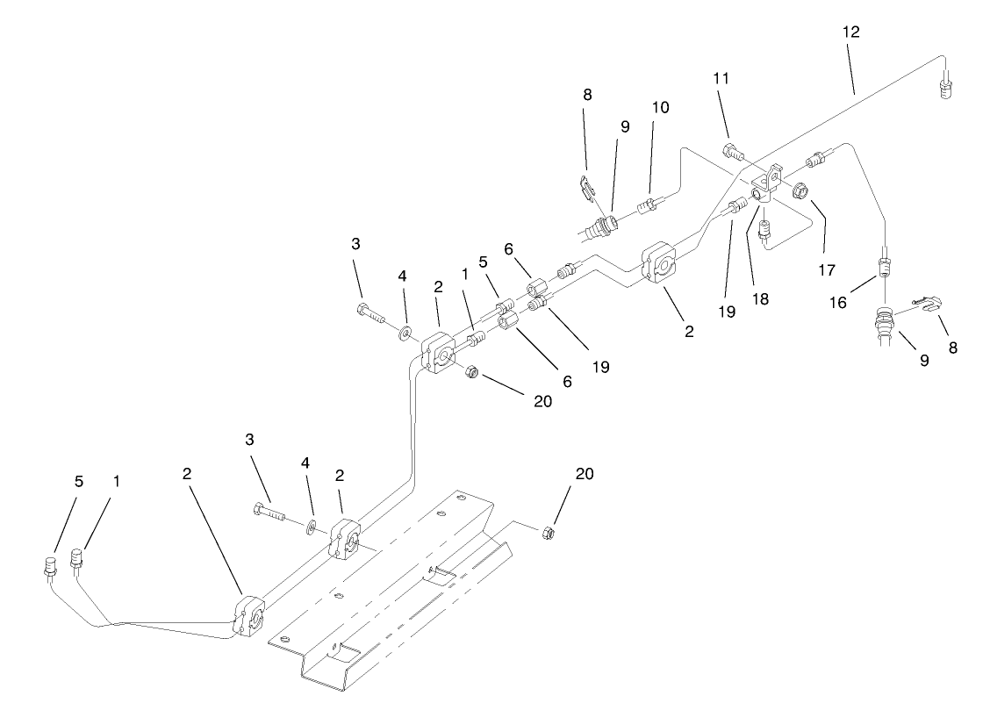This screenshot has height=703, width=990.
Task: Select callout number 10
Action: (x=660, y=108)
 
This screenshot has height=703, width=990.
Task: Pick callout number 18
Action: (x=760, y=298)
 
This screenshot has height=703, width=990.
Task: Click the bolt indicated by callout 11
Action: (x=735, y=154)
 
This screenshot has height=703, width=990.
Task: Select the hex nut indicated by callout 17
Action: (x=800, y=190)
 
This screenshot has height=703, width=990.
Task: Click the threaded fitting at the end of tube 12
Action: (x=946, y=89)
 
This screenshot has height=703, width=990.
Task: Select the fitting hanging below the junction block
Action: (x=764, y=231)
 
